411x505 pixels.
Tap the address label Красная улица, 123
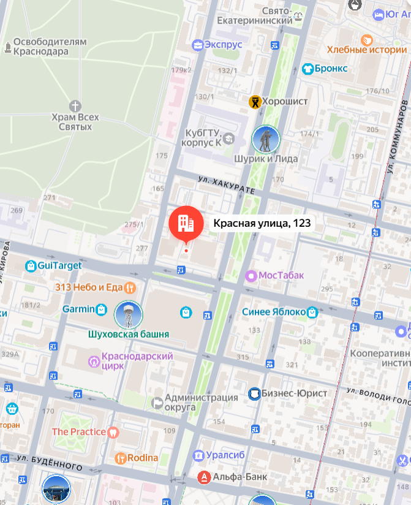point(262,223)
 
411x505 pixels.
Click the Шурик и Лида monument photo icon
point(266,140)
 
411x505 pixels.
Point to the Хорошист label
point(285,101)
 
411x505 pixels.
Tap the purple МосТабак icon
point(251,275)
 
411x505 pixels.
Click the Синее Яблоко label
point(273,312)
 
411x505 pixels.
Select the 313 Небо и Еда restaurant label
point(89,287)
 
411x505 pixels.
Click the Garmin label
point(78,309)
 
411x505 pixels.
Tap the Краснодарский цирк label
point(137,361)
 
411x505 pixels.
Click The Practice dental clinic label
point(79,431)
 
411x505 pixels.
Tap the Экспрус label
point(224,45)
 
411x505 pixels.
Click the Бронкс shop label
point(331,69)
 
